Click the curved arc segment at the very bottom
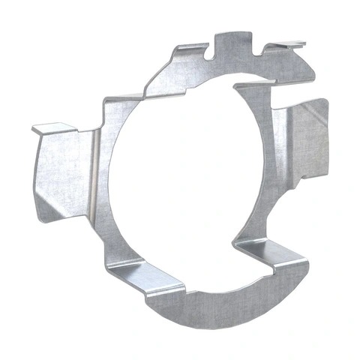coord(214,311)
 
